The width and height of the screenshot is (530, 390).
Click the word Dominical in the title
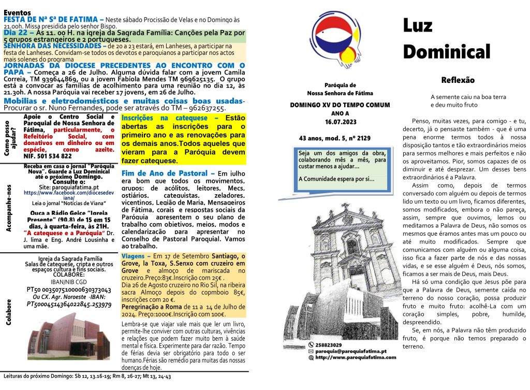(x=446, y=51)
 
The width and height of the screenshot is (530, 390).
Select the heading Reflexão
(x=458, y=80)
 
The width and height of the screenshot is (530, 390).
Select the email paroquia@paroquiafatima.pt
(x=352, y=351)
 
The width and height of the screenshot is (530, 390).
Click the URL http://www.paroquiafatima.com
(x=356, y=357)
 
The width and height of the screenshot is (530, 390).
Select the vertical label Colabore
(x=9, y=311)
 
